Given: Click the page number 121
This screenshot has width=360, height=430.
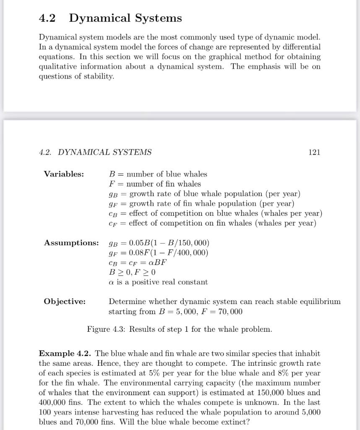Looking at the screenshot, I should coord(314,152).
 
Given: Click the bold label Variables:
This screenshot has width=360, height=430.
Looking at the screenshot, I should coord(64,174).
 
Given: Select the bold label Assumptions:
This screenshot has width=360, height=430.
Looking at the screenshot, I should coord(71,243).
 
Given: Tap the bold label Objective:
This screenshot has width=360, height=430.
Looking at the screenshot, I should coord(65,302).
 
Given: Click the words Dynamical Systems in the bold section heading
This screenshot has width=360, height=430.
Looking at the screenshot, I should coord(125,18).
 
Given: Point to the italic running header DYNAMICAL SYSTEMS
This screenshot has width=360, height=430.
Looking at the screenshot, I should coord(104,152).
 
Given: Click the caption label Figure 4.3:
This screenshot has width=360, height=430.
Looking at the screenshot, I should coord(107,329).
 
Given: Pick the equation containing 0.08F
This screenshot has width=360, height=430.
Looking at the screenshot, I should coord(158,253).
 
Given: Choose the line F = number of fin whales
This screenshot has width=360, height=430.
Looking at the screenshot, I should coord(154,184).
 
